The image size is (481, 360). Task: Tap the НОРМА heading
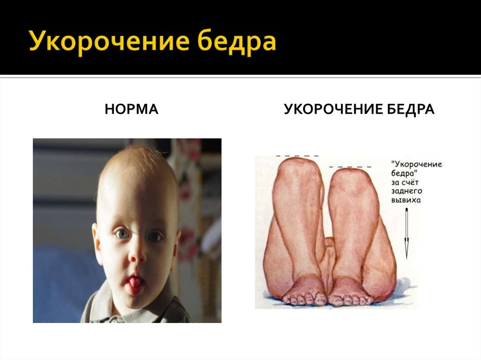(131, 110)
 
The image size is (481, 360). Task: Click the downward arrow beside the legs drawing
(407, 235)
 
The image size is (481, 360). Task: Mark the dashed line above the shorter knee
(350, 167)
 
